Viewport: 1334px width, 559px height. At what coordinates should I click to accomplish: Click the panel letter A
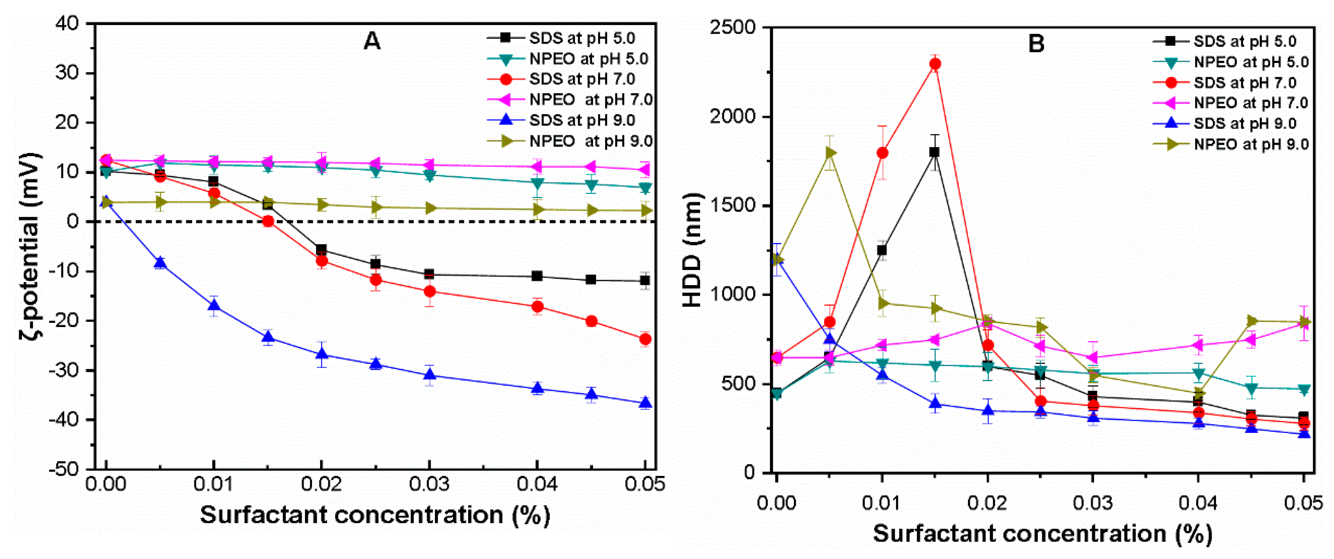pos(372,41)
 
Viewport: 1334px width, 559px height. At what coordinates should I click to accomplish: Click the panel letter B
pos(1036,43)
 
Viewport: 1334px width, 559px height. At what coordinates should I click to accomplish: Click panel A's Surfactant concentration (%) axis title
pos(375,515)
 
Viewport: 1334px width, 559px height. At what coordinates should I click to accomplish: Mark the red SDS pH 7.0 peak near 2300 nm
pos(935,64)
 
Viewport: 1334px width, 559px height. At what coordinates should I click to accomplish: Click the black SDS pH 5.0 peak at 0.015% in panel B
pos(934,152)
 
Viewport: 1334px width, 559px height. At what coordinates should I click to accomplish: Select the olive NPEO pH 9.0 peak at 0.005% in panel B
pos(830,152)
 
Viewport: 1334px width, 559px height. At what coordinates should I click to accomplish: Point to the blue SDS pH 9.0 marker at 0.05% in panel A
pos(645,403)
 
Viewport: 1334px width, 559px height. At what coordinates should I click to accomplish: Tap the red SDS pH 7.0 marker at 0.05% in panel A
pos(645,339)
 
